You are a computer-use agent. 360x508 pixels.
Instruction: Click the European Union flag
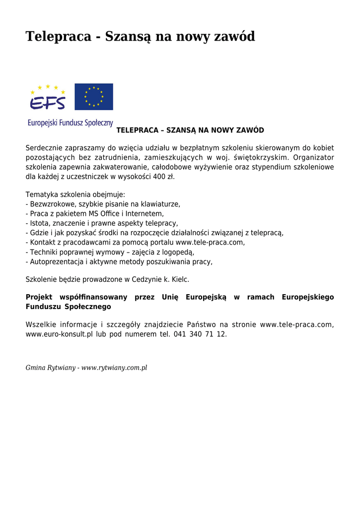94,97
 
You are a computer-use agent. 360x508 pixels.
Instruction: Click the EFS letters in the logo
48,103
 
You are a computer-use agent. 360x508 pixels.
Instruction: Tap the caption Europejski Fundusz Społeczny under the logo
70,123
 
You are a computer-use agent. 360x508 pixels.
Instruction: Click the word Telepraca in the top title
59,36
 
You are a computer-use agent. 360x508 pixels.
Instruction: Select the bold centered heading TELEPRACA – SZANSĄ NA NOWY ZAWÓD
190,130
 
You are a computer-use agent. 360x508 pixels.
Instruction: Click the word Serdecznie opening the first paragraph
44,148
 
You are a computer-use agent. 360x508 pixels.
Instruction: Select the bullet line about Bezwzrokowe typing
103,204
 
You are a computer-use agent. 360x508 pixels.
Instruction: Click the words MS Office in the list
103,213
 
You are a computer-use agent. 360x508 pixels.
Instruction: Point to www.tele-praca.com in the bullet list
210,243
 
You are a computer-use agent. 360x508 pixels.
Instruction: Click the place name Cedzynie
146,279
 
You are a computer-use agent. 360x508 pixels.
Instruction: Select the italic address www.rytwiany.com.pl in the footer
114,368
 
